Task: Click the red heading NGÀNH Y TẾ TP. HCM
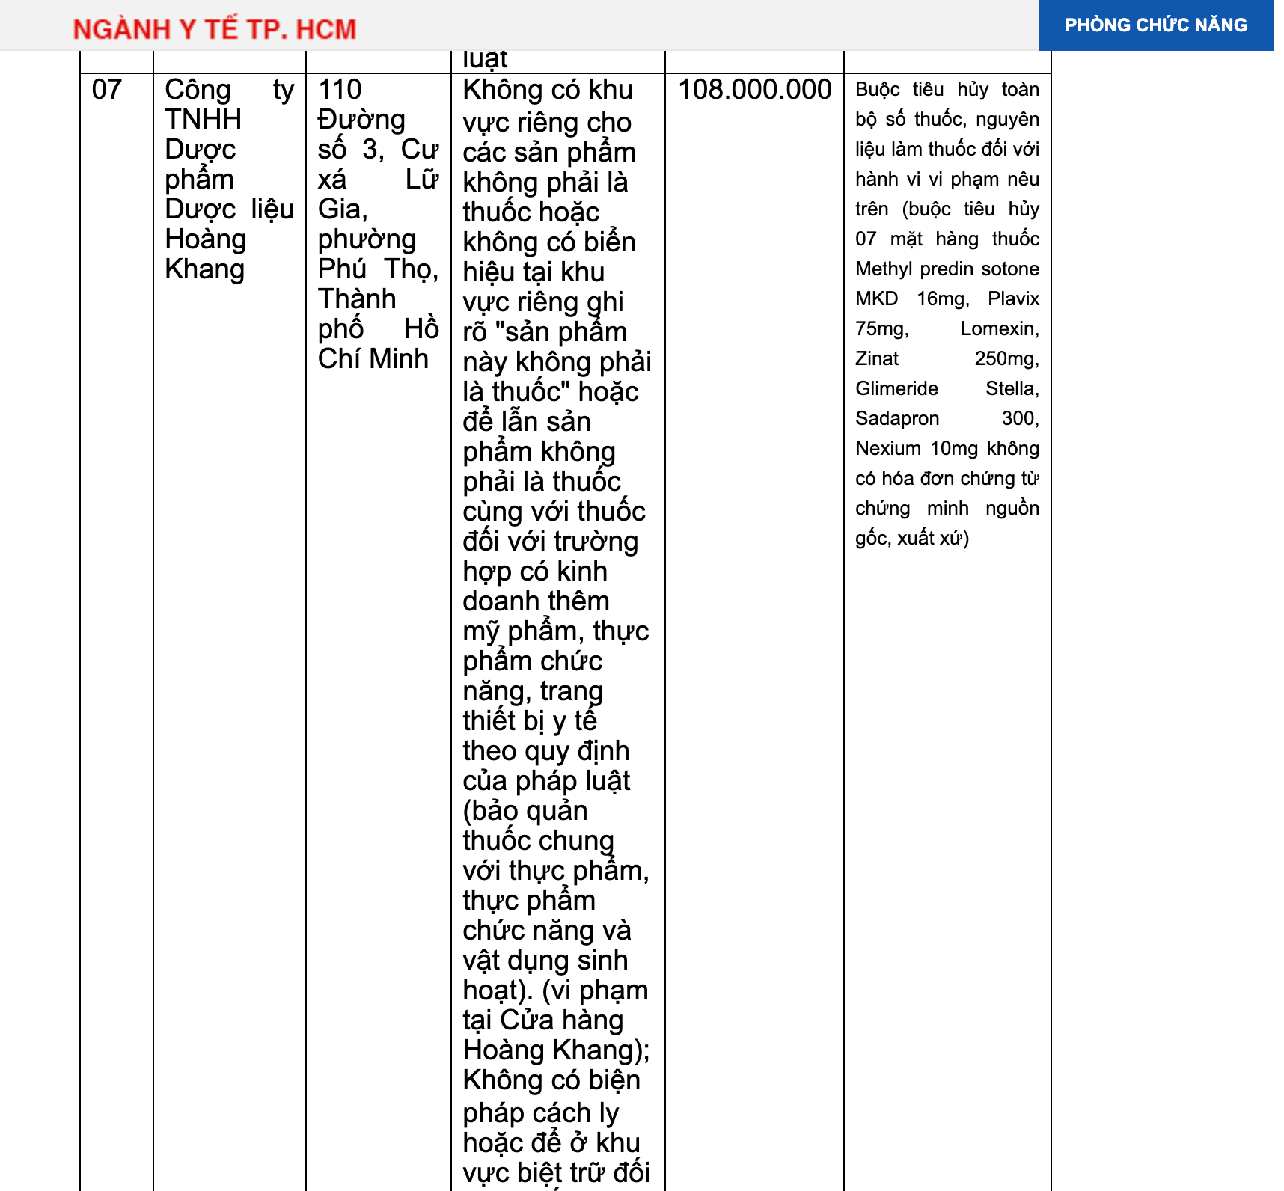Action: (x=215, y=29)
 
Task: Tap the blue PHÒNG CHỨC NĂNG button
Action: (x=1155, y=25)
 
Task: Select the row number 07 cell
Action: (x=107, y=90)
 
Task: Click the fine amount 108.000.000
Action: (x=754, y=90)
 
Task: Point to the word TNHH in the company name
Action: (x=203, y=120)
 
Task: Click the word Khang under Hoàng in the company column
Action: (x=204, y=269)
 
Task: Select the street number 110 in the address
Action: (x=340, y=90)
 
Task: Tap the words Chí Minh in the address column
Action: (x=373, y=359)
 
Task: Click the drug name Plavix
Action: (x=1013, y=299)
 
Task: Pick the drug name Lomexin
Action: (x=999, y=329)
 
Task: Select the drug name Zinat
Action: (x=877, y=359)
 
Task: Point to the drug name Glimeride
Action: (x=896, y=389)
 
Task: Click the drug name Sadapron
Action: (x=897, y=419)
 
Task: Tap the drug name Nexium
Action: (x=888, y=449)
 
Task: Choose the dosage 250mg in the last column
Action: (x=1006, y=359)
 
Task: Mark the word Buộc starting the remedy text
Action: (x=877, y=90)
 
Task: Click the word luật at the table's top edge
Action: (x=485, y=59)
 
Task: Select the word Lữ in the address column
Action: (x=422, y=180)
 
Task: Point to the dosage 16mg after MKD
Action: (x=942, y=299)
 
